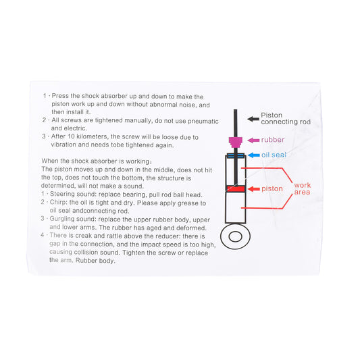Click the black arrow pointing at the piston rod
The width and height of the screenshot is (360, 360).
coord(253,119)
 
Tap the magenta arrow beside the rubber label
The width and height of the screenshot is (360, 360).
coord(253,140)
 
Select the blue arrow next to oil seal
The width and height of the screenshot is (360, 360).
coord(254,155)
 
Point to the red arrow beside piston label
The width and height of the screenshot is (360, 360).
coord(254,189)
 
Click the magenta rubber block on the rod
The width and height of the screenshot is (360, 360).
coord(235,142)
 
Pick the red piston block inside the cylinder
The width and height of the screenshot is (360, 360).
coord(236,189)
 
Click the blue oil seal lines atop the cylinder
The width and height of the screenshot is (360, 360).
coord(236,155)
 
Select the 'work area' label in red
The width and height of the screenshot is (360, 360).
coord(303,188)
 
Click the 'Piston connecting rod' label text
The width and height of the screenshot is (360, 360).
coord(286,118)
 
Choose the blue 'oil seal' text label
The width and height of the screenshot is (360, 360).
coord(274,155)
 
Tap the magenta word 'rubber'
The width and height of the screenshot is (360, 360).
coord(273,140)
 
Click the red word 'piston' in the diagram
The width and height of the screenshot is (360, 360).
coord(272,188)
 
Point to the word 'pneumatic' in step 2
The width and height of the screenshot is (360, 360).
coord(203,121)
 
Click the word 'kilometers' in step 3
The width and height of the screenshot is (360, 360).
coord(93,136)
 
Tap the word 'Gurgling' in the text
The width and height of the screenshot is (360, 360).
coord(61,219)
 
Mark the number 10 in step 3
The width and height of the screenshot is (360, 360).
coord(71,136)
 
